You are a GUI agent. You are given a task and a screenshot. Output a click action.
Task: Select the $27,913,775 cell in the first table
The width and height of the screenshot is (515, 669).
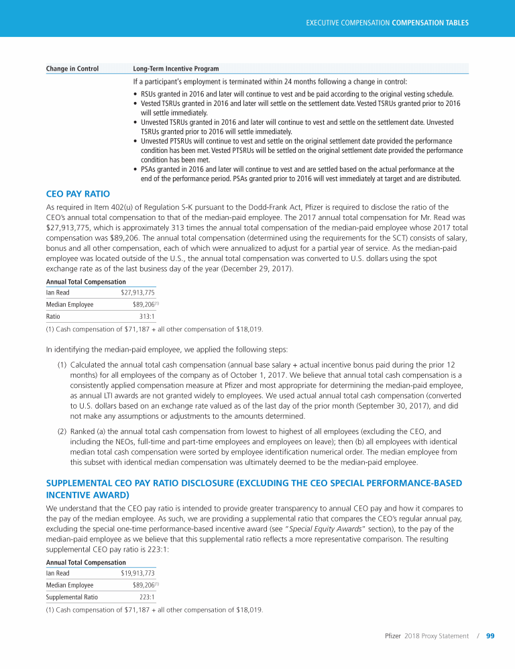pos(137,293)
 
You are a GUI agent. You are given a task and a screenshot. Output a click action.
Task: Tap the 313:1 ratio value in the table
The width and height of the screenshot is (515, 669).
pos(148,316)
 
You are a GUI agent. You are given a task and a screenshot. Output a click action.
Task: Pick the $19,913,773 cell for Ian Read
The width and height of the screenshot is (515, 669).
pos(137,574)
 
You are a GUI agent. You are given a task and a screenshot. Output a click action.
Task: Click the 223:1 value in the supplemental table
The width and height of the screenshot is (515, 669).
pos(148,597)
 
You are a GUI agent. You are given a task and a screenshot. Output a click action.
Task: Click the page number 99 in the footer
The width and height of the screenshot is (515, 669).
pos(490,635)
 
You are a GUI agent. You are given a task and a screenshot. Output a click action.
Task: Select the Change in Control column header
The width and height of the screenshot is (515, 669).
pos(72,68)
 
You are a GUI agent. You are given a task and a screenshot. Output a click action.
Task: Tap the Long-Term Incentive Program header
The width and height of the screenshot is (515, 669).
pos(176,68)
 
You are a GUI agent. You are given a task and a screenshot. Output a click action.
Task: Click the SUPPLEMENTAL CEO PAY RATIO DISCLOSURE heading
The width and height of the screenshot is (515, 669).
pos(253,483)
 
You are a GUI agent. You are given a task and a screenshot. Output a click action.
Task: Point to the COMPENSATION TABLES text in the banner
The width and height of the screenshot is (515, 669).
pos(430,23)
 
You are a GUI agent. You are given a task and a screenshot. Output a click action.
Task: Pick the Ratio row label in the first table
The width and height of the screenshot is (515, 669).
pos(53,316)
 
